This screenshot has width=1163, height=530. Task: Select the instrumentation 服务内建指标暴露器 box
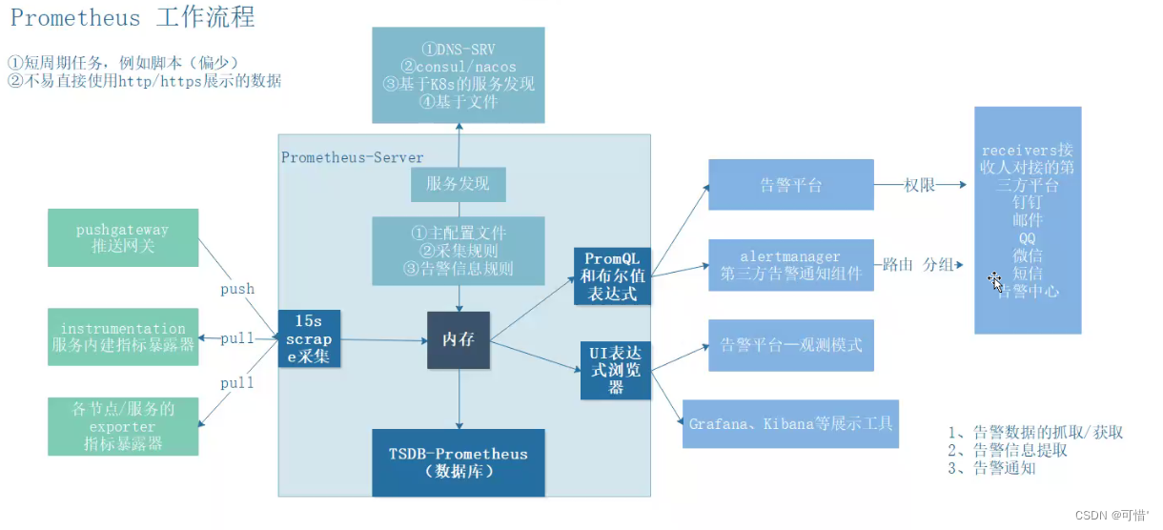tap(123, 336)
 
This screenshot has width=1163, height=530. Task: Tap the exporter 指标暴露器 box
tap(123, 426)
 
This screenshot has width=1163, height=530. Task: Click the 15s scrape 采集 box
tap(310, 339)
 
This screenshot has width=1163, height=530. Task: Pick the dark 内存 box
tap(459, 339)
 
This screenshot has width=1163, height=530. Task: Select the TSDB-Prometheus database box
tap(459, 462)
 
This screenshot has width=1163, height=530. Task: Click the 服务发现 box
tap(459, 183)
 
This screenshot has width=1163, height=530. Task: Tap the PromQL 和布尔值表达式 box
tap(613, 276)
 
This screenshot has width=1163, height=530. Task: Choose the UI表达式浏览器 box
tap(616, 369)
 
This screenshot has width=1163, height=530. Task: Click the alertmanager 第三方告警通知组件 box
tap(790, 265)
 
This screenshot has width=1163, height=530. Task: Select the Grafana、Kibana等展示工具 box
tap(790, 423)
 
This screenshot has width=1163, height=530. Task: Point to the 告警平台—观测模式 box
tap(790, 345)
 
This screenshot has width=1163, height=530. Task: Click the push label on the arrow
tap(237, 289)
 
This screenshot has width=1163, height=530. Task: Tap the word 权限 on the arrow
tap(920, 185)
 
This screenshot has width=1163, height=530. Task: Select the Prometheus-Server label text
tap(353, 157)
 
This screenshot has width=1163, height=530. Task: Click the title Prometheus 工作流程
tap(133, 18)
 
